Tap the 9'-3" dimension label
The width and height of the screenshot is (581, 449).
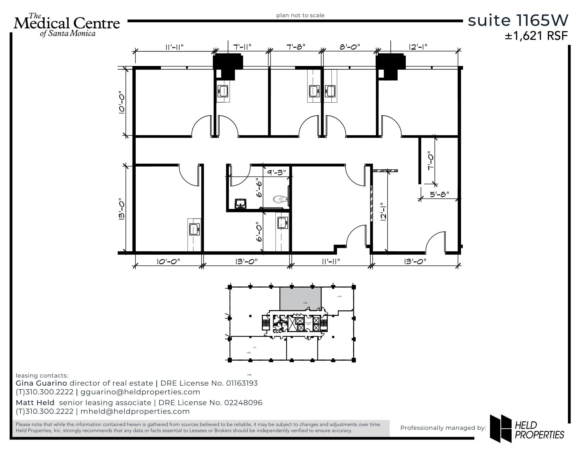click(277, 172)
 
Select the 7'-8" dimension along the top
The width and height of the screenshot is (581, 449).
click(296, 46)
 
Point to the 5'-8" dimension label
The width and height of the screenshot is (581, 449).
click(440, 194)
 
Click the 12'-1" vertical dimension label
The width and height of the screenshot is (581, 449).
click(384, 212)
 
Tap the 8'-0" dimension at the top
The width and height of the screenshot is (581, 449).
click(350, 46)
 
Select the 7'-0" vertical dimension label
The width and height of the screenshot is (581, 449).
click(431, 162)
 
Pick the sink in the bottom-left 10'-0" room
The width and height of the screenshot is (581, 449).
click(194, 229)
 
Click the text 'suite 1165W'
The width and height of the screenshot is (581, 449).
click(518, 20)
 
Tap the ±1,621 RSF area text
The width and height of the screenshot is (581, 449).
click(536, 36)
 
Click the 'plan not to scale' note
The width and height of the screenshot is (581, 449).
click(300, 15)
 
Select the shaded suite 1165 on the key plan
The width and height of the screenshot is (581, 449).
click(300, 298)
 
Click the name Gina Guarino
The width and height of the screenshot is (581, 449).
click(41, 383)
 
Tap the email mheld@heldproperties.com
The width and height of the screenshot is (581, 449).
click(135, 411)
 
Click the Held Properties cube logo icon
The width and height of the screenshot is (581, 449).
click(500, 428)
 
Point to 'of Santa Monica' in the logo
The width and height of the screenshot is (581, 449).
click(68, 33)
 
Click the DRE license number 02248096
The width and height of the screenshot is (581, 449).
click(243, 403)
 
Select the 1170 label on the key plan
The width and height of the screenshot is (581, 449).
click(339, 297)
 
